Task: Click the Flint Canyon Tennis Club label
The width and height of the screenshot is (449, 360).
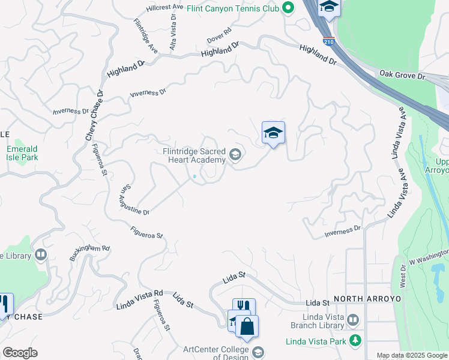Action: coord(232,8)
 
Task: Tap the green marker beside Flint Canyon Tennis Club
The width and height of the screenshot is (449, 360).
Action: coord(288,8)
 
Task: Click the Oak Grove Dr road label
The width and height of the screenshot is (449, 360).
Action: coord(402,76)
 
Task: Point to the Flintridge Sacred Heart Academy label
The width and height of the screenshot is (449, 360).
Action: coord(194,155)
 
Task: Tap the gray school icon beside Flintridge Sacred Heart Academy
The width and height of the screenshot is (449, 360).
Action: coord(235,155)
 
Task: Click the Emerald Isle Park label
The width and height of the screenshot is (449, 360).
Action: coord(22,153)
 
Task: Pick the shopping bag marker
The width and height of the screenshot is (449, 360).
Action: coord(246,327)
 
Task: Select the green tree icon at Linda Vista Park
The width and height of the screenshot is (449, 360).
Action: coord(355,340)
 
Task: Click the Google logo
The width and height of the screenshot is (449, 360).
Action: coord(20,353)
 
